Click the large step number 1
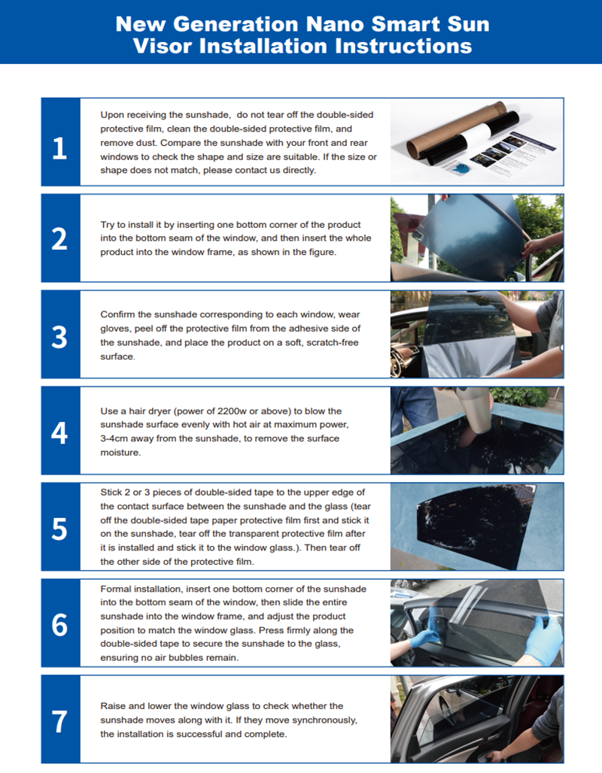point(59,148)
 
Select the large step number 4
point(59,433)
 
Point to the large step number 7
point(59,722)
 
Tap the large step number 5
point(59,529)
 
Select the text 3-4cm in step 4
point(117,438)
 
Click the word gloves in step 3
point(115,329)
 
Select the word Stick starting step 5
point(111,493)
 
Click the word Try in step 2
point(108,226)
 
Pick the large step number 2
point(59,239)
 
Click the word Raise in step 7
point(113,706)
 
